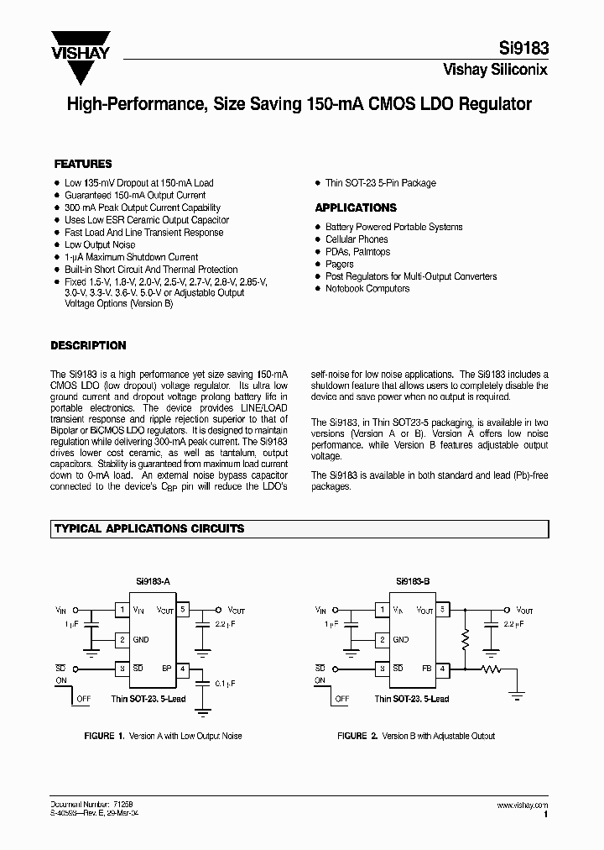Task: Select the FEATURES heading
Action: click(x=83, y=165)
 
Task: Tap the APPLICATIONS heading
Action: click(x=356, y=207)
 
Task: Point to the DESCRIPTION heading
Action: click(x=88, y=345)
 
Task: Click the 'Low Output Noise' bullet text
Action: click(x=100, y=244)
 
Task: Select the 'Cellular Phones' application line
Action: click(x=357, y=239)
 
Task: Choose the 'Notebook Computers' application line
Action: click(x=367, y=288)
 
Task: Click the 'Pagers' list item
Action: click(x=340, y=264)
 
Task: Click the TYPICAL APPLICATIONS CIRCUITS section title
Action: click(x=149, y=528)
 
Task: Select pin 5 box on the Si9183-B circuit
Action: click(x=444, y=610)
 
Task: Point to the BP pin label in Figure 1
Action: click(x=166, y=669)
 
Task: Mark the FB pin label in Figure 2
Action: click(x=426, y=669)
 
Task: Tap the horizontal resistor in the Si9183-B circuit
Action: click(x=491, y=669)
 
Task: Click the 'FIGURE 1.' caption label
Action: click(x=104, y=736)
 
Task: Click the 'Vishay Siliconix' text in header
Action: click(x=495, y=71)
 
